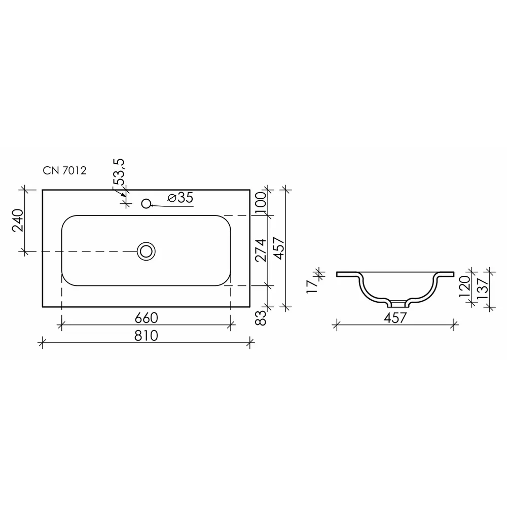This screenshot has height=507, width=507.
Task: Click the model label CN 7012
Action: pos(65,170)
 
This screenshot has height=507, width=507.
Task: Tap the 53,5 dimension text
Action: pos(119,172)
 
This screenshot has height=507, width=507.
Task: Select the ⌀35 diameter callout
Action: pos(180,197)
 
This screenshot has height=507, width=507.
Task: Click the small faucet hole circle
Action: pos(146,203)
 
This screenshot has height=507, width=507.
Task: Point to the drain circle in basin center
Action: pos(146,251)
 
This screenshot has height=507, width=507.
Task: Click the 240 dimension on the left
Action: pos(18,221)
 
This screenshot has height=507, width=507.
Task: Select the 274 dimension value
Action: pos(261,250)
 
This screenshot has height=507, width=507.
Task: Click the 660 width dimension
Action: pos(146,318)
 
